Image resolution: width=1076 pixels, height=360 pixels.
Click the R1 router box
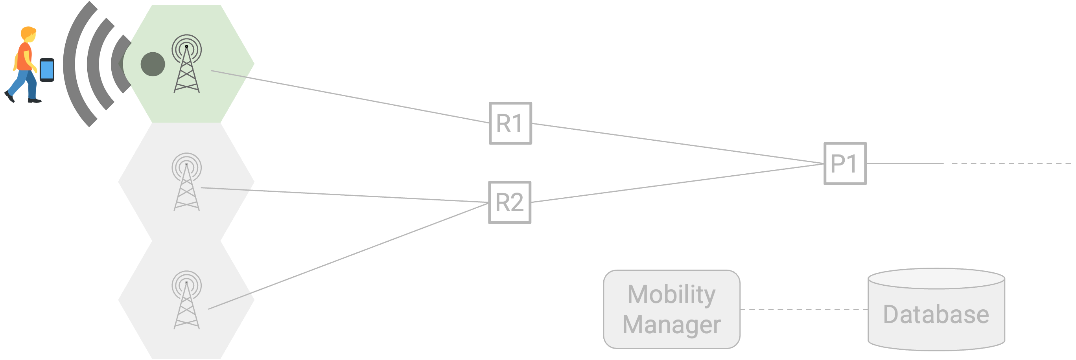(x=510, y=123)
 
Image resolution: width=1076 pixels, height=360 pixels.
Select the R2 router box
(x=510, y=202)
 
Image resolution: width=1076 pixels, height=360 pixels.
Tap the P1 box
(x=845, y=163)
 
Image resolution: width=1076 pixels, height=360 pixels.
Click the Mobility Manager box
(x=672, y=309)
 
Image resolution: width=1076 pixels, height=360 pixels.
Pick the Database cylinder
(x=936, y=309)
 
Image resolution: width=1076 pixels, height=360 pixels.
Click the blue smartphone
(x=47, y=70)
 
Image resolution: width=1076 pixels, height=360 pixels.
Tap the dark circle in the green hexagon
(x=153, y=64)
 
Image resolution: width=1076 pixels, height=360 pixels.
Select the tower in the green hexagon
(x=187, y=64)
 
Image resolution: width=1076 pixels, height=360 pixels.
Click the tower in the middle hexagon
(x=187, y=182)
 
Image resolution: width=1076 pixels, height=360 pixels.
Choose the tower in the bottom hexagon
(x=187, y=300)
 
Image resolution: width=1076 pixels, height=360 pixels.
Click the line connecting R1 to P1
(x=678, y=143)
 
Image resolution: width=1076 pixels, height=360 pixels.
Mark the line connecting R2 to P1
(x=677, y=183)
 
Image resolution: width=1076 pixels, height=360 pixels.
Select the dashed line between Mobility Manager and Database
(x=804, y=309)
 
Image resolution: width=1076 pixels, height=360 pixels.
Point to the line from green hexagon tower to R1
(x=350, y=96)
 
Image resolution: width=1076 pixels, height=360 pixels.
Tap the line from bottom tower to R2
(x=348, y=256)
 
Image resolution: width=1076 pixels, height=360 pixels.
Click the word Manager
(x=672, y=325)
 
